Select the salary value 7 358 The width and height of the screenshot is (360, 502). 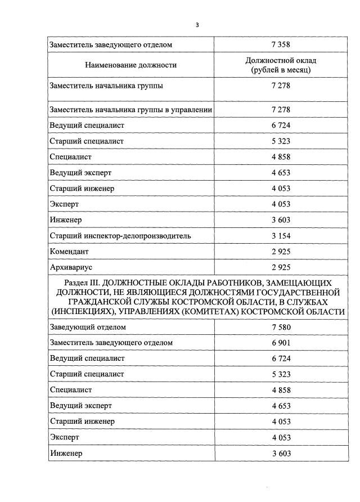click(280, 44)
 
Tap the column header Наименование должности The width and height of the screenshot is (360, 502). click(130, 65)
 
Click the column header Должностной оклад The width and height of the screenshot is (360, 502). click(280, 60)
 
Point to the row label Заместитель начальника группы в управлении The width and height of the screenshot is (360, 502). click(130, 110)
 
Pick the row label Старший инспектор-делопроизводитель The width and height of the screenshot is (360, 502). click(120, 235)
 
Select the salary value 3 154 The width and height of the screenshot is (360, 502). click(280, 235)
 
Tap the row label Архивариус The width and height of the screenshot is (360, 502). click(71, 267)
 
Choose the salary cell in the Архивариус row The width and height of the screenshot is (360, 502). click(280, 267)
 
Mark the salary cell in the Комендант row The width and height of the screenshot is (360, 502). click(280, 251)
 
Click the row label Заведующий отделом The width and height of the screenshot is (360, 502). click(87, 327)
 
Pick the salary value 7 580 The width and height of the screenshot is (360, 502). click(280, 327)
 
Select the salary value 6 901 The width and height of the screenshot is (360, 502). click(280, 343)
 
